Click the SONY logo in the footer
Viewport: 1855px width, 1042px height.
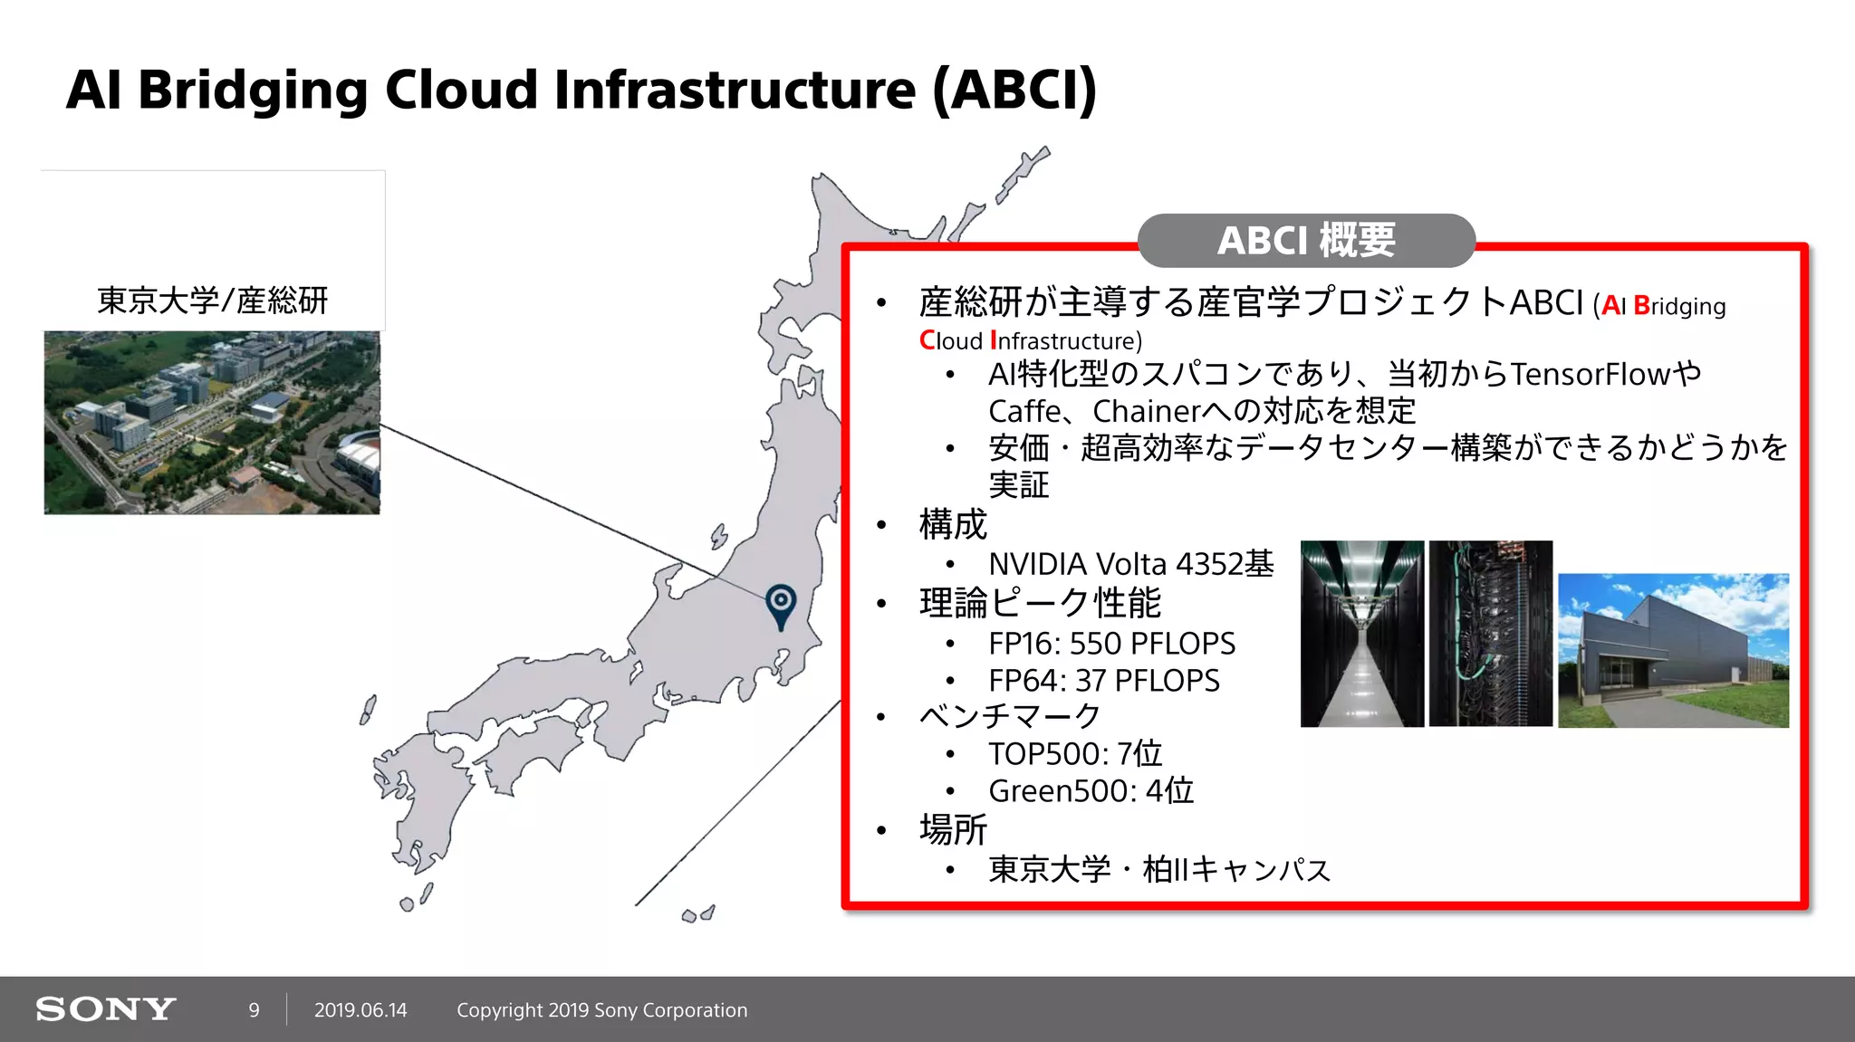pos(106,1009)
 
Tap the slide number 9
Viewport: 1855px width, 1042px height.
pos(255,1010)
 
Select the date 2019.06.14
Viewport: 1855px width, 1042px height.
pos(360,1010)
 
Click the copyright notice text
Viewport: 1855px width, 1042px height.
pos(601,1010)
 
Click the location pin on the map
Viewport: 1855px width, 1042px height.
pos(781,605)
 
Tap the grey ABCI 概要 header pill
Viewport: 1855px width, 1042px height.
pos(1306,241)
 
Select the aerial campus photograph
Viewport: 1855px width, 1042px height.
pos(212,423)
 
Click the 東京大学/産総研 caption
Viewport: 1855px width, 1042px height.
pos(212,301)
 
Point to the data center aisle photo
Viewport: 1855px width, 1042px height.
pos(1361,634)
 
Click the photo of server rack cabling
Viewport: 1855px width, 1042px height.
pos(1490,634)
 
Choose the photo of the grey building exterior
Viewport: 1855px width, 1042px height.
pos(1673,650)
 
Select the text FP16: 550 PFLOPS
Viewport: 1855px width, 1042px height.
pos(1111,644)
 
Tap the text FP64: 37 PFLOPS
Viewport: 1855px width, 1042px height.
pos(1103,681)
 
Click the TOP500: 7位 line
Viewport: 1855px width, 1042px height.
pos(1074,754)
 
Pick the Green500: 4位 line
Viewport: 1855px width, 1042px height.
pos(1091,791)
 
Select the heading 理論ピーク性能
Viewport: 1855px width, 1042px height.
pos(1040,603)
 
